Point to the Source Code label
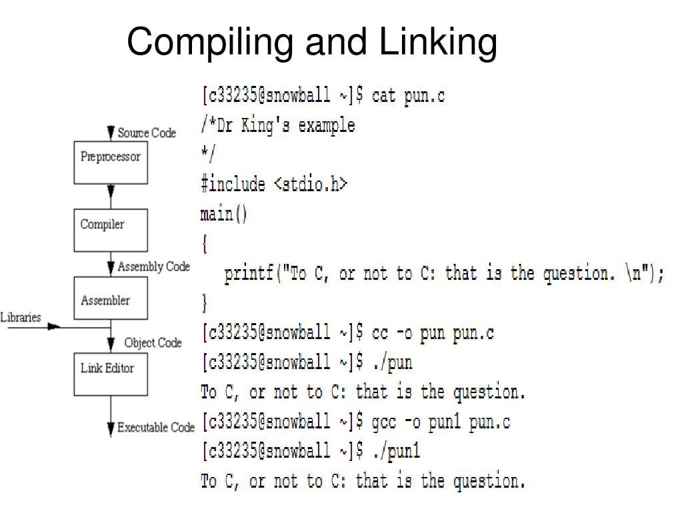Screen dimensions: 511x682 coord(147,133)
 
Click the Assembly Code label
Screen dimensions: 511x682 coord(153,266)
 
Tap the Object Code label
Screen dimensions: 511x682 coord(153,343)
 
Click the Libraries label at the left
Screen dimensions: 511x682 coord(21,318)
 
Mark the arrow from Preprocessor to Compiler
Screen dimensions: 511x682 coord(111,196)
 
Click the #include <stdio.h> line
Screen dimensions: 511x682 coord(274,185)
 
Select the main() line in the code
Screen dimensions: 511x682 coord(223,215)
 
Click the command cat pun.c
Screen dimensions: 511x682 coord(408,96)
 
